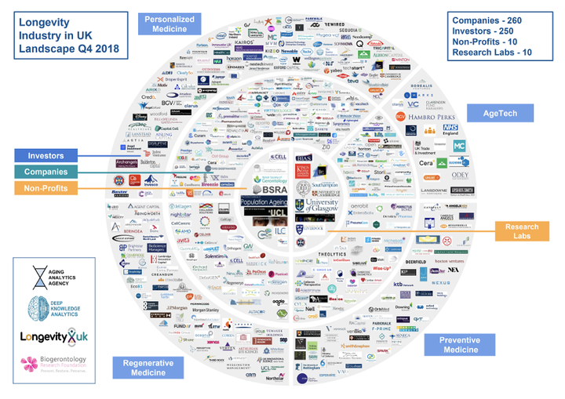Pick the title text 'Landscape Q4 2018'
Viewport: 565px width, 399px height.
point(64,48)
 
